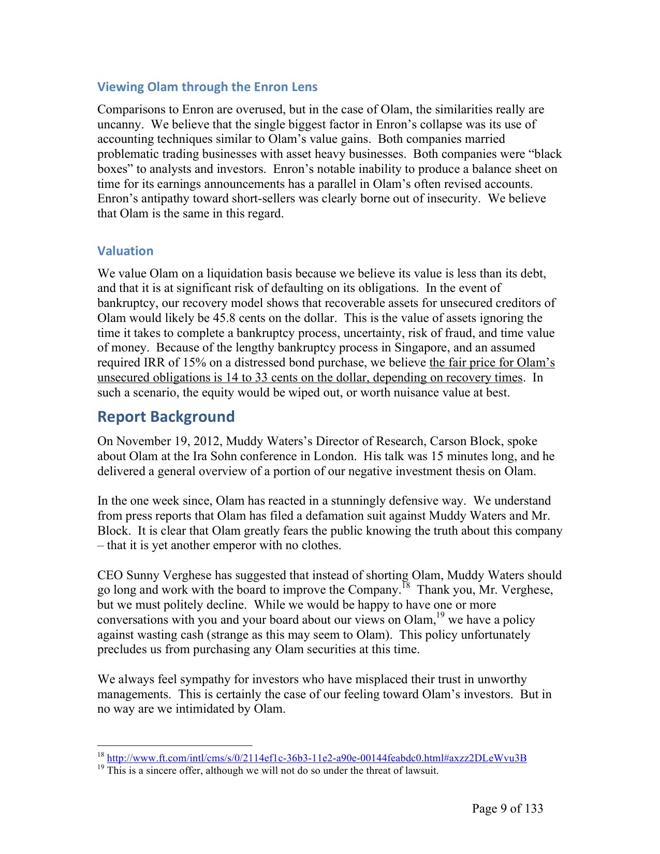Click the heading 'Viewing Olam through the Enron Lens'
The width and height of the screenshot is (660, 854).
(x=207, y=86)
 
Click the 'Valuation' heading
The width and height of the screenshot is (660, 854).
(x=125, y=251)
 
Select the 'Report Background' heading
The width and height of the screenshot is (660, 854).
(x=166, y=417)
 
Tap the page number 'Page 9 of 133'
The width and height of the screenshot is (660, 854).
(x=507, y=808)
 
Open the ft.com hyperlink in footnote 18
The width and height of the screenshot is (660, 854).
(x=316, y=758)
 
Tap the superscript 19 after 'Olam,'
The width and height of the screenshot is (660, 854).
(x=440, y=616)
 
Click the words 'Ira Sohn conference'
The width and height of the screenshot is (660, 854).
(x=245, y=457)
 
